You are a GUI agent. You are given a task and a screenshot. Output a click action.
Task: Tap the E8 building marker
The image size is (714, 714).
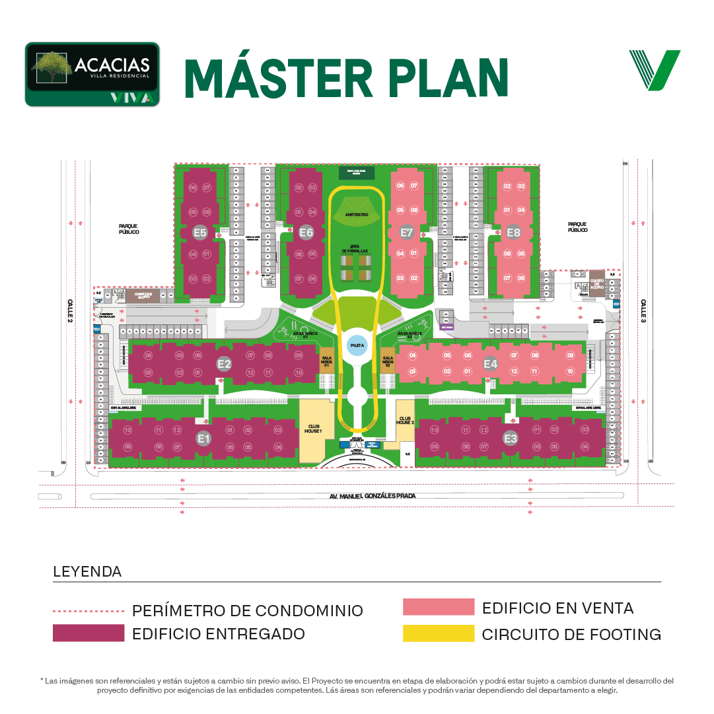click(514, 232)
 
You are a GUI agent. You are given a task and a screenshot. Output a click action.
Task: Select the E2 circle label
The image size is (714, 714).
click(224, 363)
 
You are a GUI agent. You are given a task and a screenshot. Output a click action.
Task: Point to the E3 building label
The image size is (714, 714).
click(511, 438)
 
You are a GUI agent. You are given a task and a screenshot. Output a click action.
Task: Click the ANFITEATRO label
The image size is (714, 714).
click(356, 215)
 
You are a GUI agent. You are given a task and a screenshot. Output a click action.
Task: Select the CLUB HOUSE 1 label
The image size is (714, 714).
click(312, 428)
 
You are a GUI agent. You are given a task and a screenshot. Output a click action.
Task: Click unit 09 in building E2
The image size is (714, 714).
click(299, 355)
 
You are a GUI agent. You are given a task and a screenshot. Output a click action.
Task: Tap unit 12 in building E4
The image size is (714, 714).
click(515, 372)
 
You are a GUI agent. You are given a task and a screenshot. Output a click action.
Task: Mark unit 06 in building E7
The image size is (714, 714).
click(400, 186)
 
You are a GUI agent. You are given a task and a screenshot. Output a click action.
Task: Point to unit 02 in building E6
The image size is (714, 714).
click(299, 188)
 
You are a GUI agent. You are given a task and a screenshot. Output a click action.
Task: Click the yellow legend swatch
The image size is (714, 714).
click(443, 640)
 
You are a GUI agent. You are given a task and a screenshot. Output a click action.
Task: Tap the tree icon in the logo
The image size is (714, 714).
click(52, 67)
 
